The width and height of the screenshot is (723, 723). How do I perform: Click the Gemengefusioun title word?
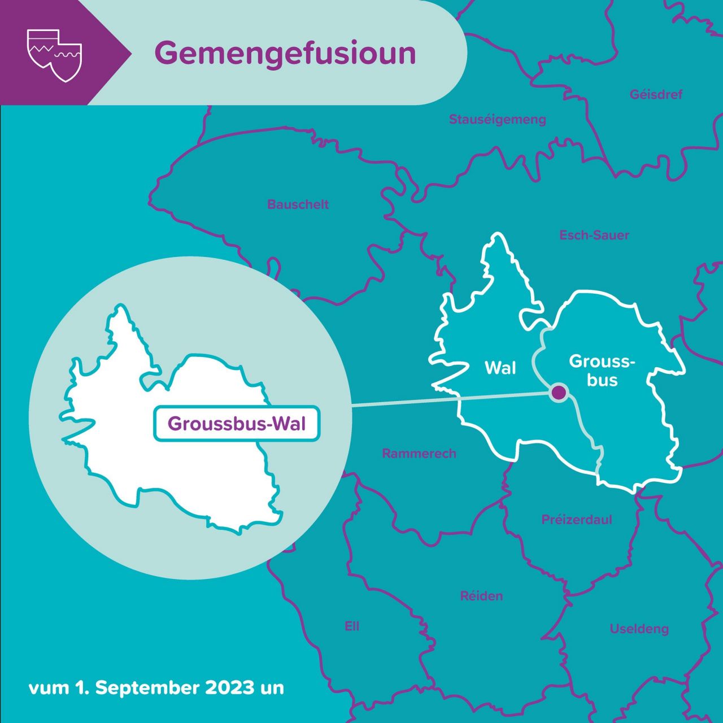tap(285, 54)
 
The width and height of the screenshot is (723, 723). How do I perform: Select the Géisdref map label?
tap(656, 94)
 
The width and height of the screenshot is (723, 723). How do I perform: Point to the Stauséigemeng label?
tap(497, 119)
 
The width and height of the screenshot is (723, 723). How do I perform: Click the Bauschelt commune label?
tap(298, 204)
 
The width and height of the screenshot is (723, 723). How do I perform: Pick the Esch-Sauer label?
tap(594, 235)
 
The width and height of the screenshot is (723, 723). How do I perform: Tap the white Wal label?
tap(500, 368)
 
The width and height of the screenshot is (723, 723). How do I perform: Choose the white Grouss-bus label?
tap(602, 371)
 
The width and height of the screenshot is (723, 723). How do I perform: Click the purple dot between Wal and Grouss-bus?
tap(559, 391)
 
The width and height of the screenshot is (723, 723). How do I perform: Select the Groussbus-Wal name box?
tap(237, 424)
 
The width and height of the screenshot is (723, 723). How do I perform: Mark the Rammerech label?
tap(419, 454)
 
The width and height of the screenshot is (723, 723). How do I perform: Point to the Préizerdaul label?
tap(576, 520)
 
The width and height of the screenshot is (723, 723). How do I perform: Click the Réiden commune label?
tap(481, 596)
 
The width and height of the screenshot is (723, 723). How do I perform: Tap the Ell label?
tap(351, 626)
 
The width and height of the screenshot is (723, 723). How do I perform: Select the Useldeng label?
tap(639, 629)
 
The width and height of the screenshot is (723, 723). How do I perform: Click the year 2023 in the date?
tap(230, 688)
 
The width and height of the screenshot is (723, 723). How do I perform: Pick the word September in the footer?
tap(151, 688)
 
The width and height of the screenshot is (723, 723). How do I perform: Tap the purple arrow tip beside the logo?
tap(121, 54)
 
